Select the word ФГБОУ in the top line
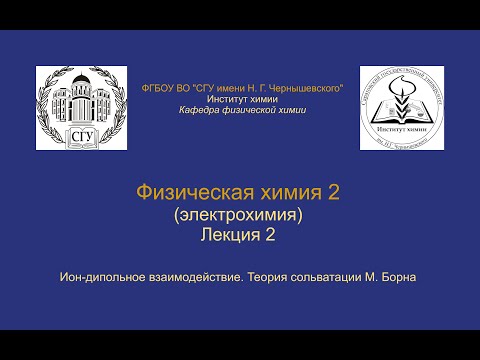[161, 89]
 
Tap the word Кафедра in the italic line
[194, 110]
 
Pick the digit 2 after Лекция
[269, 235]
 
